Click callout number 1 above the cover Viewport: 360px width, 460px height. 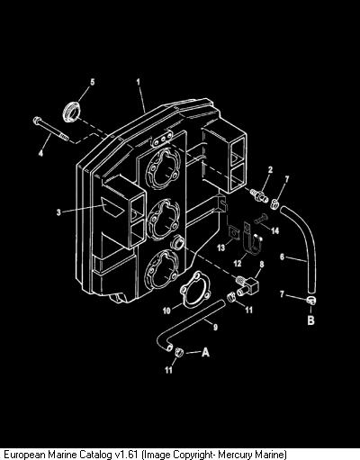click(139, 82)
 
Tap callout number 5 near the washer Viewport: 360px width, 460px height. click(93, 82)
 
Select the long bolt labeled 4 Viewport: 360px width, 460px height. click(50, 128)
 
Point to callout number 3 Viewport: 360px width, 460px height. click(58, 212)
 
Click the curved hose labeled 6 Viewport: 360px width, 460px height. click(303, 246)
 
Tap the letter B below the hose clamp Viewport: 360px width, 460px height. click(310, 320)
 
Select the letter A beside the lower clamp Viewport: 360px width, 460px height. click(205, 352)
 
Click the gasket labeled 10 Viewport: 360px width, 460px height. click(196, 289)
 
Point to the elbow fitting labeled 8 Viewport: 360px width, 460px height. click(248, 285)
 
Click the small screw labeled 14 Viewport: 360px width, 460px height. click(260, 220)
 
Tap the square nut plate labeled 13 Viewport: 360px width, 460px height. click(233, 234)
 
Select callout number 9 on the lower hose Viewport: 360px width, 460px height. click(215, 327)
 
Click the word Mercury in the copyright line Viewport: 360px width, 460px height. click(235, 454)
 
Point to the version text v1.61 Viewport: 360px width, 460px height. click(126, 454)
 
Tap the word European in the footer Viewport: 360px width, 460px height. click(23, 455)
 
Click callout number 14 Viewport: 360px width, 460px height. click(274, 230)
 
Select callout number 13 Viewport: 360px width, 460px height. click(220, 248)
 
